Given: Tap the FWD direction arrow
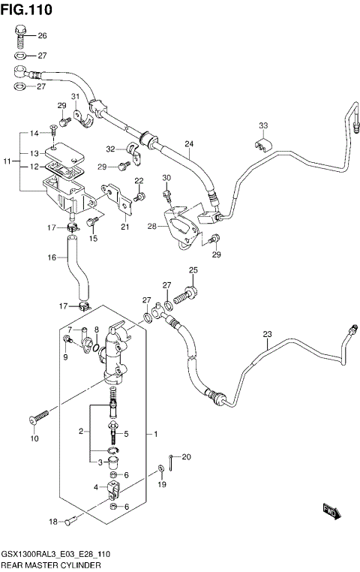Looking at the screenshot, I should tap(329, 511).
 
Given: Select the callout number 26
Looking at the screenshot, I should tap(42, 36).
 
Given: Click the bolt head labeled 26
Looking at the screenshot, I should tap(20, 32).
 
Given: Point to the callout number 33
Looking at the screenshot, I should tap(262, 125).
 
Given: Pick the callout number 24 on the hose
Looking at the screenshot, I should tap(189, 143).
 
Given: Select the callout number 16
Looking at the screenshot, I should tap(52, 257).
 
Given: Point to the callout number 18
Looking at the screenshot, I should tap(52, 522).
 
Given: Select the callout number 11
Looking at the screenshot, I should tap(7, 161).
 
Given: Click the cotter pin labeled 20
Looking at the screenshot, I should tap(172, 465).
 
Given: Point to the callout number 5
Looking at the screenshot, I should tap(126, 434).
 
